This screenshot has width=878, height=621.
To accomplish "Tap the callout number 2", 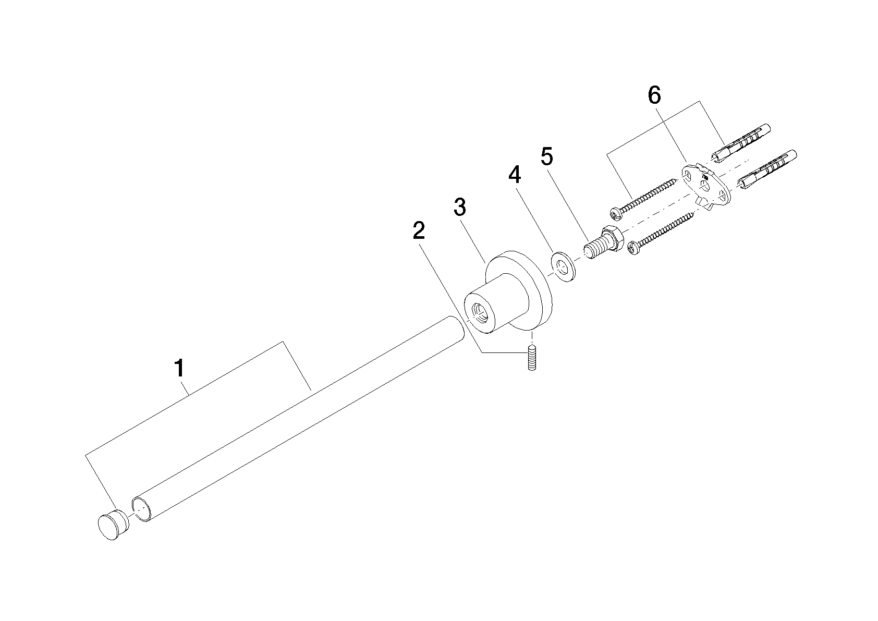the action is click(x=419, y=230).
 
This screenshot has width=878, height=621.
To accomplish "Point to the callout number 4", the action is click(x=515, y=175).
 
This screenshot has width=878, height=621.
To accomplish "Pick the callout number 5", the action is click(x=547, y=156).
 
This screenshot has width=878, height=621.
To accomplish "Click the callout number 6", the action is click(x=654, y=95).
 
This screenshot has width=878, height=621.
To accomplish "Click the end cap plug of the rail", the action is click(x=113, y=525).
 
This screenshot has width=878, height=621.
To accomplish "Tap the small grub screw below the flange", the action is click(x=531, y=358).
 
